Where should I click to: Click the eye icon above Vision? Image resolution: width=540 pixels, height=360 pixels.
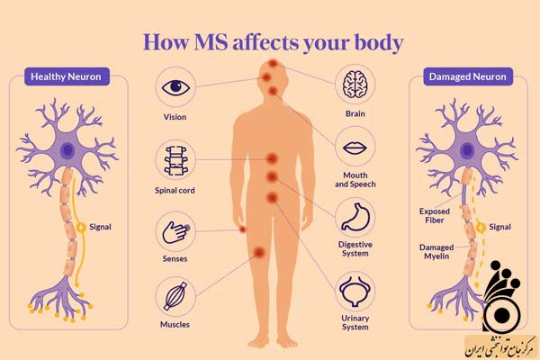pyautogui.click(x=175, y=87)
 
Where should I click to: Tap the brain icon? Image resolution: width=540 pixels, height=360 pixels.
pyautogui.click(x=355, y=84)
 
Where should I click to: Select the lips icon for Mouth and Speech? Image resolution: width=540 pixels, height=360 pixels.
pyautogui.click(x=355, y=148)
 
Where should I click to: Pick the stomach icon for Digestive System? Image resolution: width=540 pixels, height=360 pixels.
pyautogui.click(x=355, y=217)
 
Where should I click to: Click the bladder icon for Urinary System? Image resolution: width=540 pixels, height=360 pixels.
pyautogui.click(x=355, y=292)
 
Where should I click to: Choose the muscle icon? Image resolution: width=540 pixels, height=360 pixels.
pyautogui.click(x=175, y=296)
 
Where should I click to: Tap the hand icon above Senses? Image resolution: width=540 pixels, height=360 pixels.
pyautogui.click(x=175, y=232)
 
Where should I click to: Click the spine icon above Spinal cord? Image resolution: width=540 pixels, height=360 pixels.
pyautogui.click(x=175, y=160)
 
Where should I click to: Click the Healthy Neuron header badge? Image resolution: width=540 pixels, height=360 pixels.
pyautogui.click(x=67, y=76)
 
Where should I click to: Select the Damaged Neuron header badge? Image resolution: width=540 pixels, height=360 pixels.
pyautogui.click(x=468, y=76)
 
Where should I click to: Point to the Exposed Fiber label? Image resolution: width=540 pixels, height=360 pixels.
pyautogui.click(x=435, y=216)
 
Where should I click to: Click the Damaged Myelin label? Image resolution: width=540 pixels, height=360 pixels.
pyautogui.click(x=436, y=252)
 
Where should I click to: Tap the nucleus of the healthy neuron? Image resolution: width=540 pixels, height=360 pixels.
pyautogui.click(x=67, y=150)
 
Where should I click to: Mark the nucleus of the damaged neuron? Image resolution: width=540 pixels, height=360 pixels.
pyautogui.click(x=467, y=150)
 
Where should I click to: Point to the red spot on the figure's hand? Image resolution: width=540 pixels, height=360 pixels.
pyautogui.click(x=243, y=229)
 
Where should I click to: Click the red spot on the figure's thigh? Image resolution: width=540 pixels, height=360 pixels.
pyautogui.click(x=259, y=253)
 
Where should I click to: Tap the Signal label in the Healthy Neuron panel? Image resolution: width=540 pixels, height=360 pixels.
pyautogui.click(x=100, y=227)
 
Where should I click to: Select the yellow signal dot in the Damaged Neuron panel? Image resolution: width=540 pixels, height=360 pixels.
pyautogui.click(x=481, y=227)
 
